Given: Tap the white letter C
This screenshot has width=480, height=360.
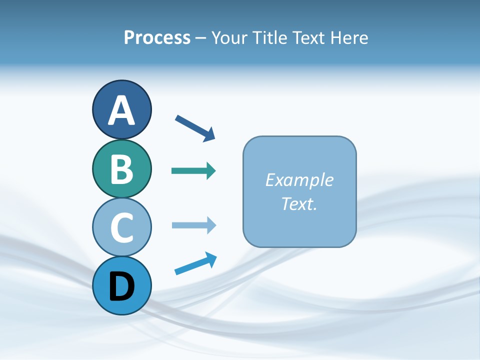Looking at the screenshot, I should click(x=121, y=227).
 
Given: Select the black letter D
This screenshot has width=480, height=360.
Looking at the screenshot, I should click(x=121, y=286).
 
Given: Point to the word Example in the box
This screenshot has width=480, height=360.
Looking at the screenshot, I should click(x=299, y=180).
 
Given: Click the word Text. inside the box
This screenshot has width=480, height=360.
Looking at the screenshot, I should click(x=299, y=203).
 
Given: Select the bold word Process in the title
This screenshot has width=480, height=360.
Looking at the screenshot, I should click(x=157, y=38).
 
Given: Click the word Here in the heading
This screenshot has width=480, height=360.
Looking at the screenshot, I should click(x=349, y=38).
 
